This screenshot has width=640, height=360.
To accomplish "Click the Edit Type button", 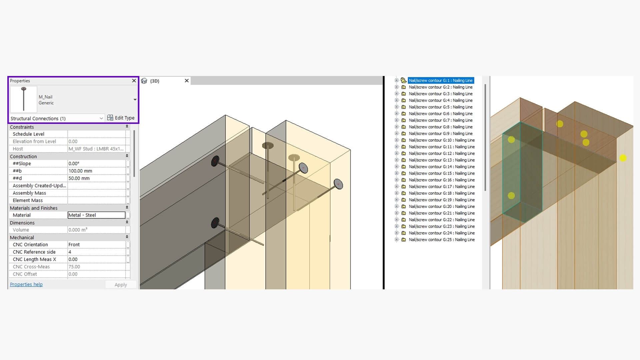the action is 121,118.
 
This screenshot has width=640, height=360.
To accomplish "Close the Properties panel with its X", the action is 134,81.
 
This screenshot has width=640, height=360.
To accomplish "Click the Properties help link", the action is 26,284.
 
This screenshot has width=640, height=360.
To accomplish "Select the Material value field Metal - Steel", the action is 96,215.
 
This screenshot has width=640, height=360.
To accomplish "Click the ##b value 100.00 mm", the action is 80,171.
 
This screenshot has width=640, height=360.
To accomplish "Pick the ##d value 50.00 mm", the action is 79,178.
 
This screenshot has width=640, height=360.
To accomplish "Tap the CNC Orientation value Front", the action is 74,245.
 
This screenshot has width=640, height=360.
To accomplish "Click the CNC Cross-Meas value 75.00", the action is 74,267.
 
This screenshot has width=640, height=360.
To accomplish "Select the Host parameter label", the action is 18,149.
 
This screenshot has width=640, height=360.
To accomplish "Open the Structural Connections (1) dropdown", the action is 57,118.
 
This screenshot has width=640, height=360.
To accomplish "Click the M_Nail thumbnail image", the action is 24,99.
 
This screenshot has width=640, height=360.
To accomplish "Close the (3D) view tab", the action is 187,81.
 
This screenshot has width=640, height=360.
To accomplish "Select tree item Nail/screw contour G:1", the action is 441,80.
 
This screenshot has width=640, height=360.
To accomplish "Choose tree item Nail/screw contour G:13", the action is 442,160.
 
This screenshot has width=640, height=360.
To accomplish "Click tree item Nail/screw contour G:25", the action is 442,240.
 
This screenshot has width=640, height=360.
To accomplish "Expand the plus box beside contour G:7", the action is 397,120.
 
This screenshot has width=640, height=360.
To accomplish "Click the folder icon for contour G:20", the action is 404,207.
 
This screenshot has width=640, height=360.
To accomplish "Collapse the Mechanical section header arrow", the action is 127,237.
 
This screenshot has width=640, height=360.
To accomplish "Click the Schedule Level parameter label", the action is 28,134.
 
